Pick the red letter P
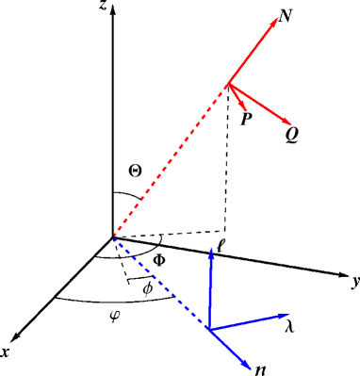click(245, 121)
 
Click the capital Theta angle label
click(134, 172)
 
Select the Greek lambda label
click(288, 321)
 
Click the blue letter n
click(260, 370)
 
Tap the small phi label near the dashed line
click(147, 289)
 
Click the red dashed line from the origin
click(170, 160)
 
